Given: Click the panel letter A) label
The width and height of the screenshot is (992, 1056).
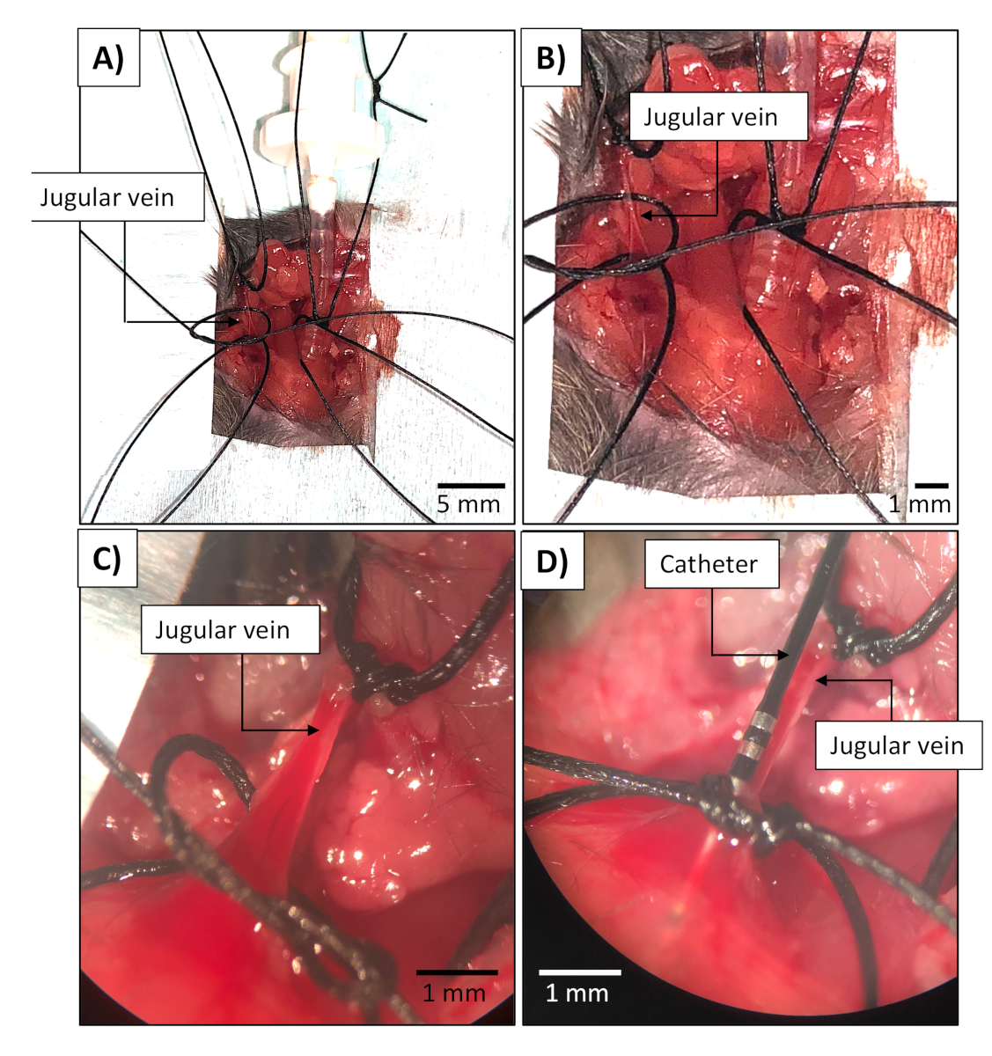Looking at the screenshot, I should pyautogui.click(x=108, y=58).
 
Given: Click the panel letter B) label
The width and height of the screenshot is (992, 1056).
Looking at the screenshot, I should pyautogui.click(x=551, y=58).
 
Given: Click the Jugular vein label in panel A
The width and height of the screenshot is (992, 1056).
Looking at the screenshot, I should pyautogui.click(x=107, y=197).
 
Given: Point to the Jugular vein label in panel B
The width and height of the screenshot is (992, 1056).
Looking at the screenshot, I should pyautogui.click(x=709, y=117).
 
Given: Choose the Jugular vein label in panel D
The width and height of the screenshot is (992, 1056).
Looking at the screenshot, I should pyautogui.click(x=896, y=746).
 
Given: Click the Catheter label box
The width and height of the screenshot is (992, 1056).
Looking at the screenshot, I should pyautogui.click(x=709, y=564).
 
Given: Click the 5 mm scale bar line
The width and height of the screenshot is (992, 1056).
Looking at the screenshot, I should pyautogui.click(x=471, y=485).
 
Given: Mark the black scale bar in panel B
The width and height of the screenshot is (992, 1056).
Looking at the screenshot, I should pyautogui.click(x=931, y=485).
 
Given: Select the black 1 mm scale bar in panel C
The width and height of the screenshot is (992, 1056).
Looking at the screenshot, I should pyautogui.click(x=456, y=972).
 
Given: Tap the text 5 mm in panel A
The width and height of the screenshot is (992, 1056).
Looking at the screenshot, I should pyautogui.click(x=468, y=504).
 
